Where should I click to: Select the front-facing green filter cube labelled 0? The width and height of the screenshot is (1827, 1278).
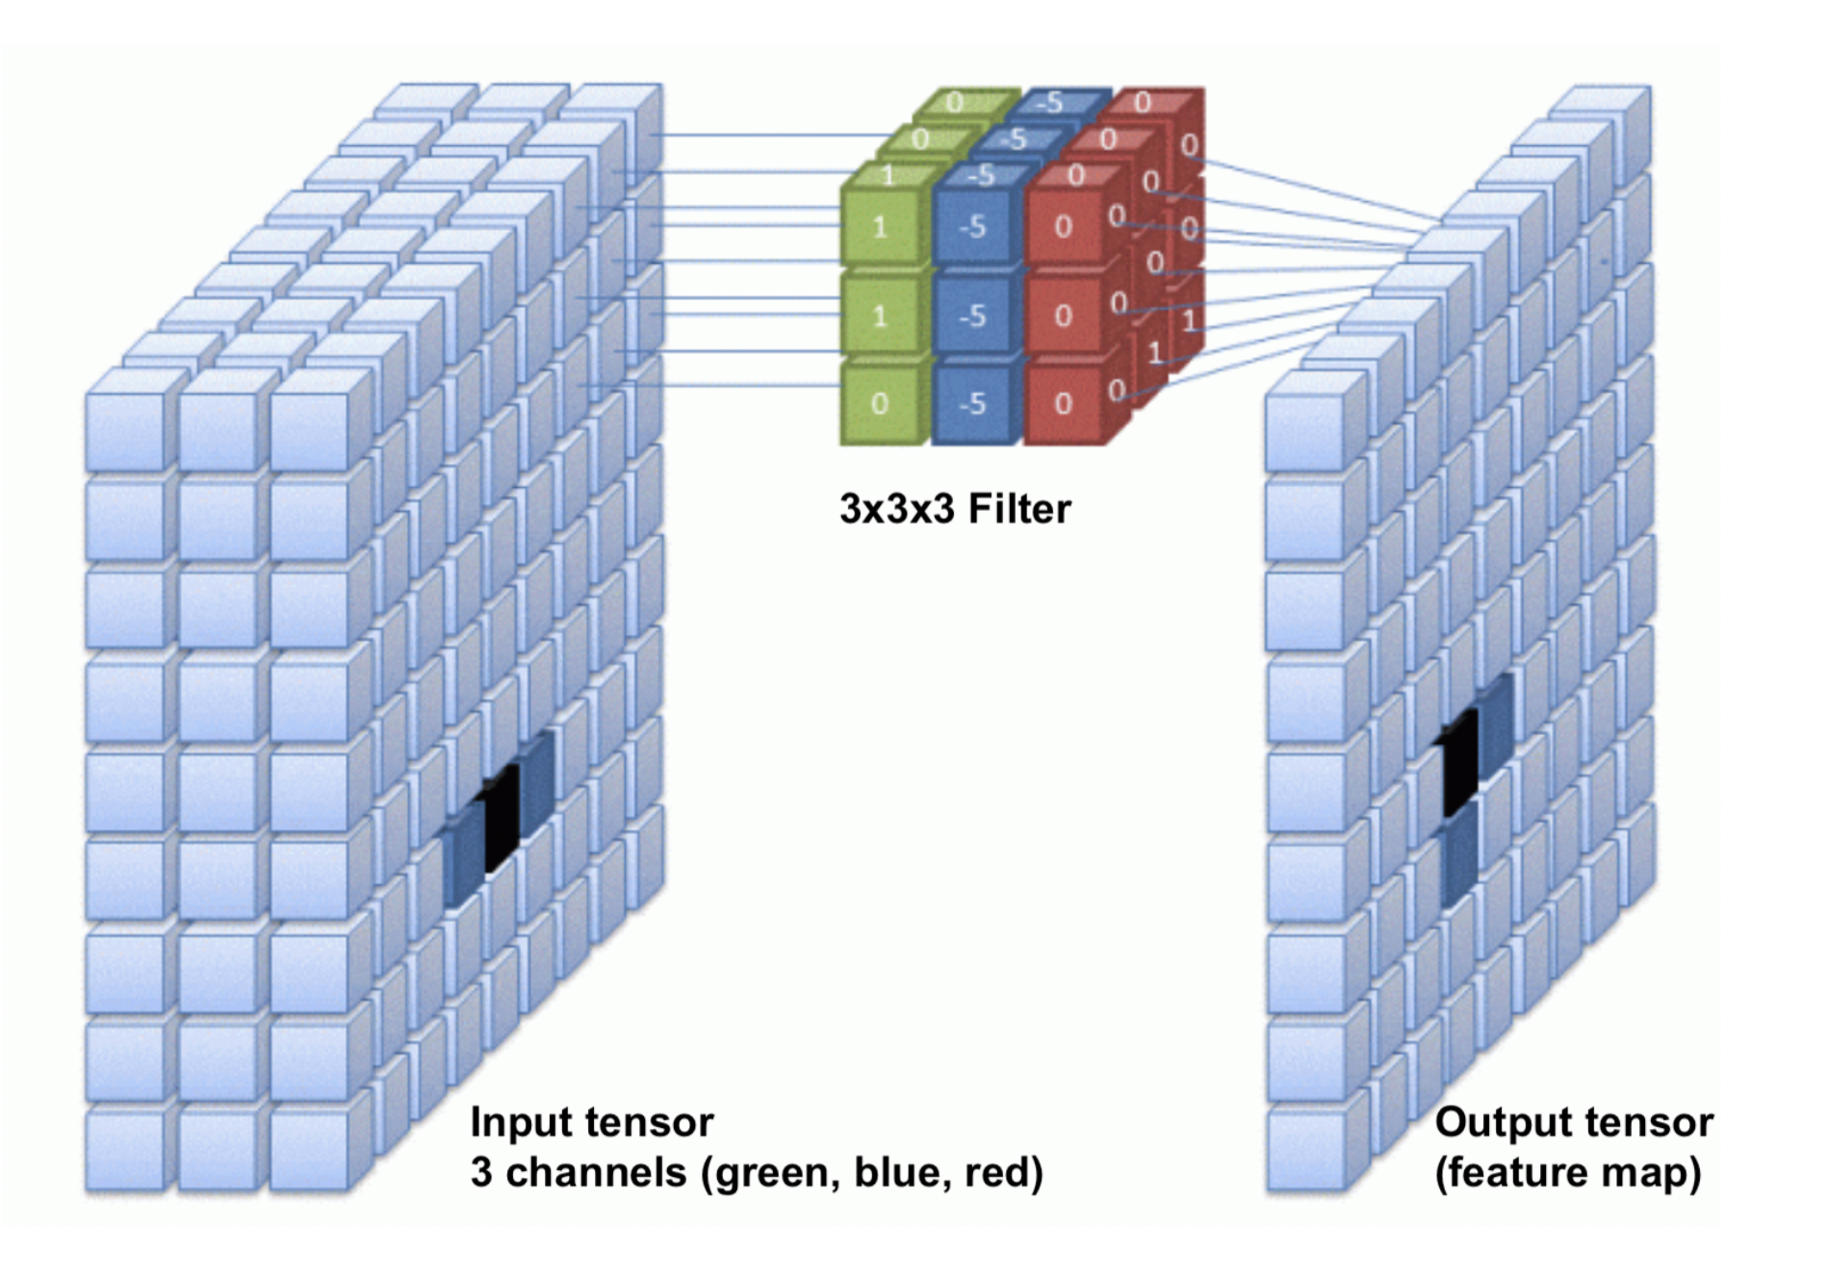coord(880,404)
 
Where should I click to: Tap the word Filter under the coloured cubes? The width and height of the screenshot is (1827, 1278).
coord(1019,508)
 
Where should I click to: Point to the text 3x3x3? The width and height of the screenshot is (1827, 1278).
coord(898,508)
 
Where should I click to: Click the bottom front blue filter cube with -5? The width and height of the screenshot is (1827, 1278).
coord(972,404)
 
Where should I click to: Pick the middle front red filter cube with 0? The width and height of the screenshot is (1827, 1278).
coord(1063,316)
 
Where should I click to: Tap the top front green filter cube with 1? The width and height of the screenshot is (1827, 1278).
coord(880,227)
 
